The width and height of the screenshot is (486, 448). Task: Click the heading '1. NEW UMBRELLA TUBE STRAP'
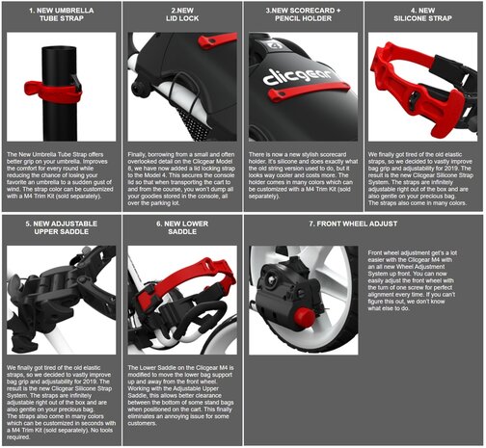point(62,14)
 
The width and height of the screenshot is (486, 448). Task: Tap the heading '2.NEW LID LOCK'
point(182,14)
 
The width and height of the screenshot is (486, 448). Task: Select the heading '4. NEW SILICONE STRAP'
point(422,14)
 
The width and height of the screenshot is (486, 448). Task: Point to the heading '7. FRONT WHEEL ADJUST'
point(353,224)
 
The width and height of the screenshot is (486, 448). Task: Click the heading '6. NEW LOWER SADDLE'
point(182,227)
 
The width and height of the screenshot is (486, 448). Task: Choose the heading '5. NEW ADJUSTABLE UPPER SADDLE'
point(62,227)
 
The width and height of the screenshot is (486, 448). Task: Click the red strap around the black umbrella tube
point(53,92)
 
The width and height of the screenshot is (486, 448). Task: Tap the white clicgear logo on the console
point(297,77)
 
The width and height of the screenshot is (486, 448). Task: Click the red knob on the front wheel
point(305,317)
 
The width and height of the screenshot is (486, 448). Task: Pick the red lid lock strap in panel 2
point(218,40)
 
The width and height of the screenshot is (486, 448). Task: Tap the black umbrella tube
point(59,93)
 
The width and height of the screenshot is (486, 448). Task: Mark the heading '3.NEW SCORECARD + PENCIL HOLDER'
point(303,14)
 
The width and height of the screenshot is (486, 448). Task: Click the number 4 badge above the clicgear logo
point(273,45)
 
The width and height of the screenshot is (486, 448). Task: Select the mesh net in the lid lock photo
point(193,123)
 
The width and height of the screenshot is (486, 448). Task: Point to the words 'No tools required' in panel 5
point(60,434)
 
